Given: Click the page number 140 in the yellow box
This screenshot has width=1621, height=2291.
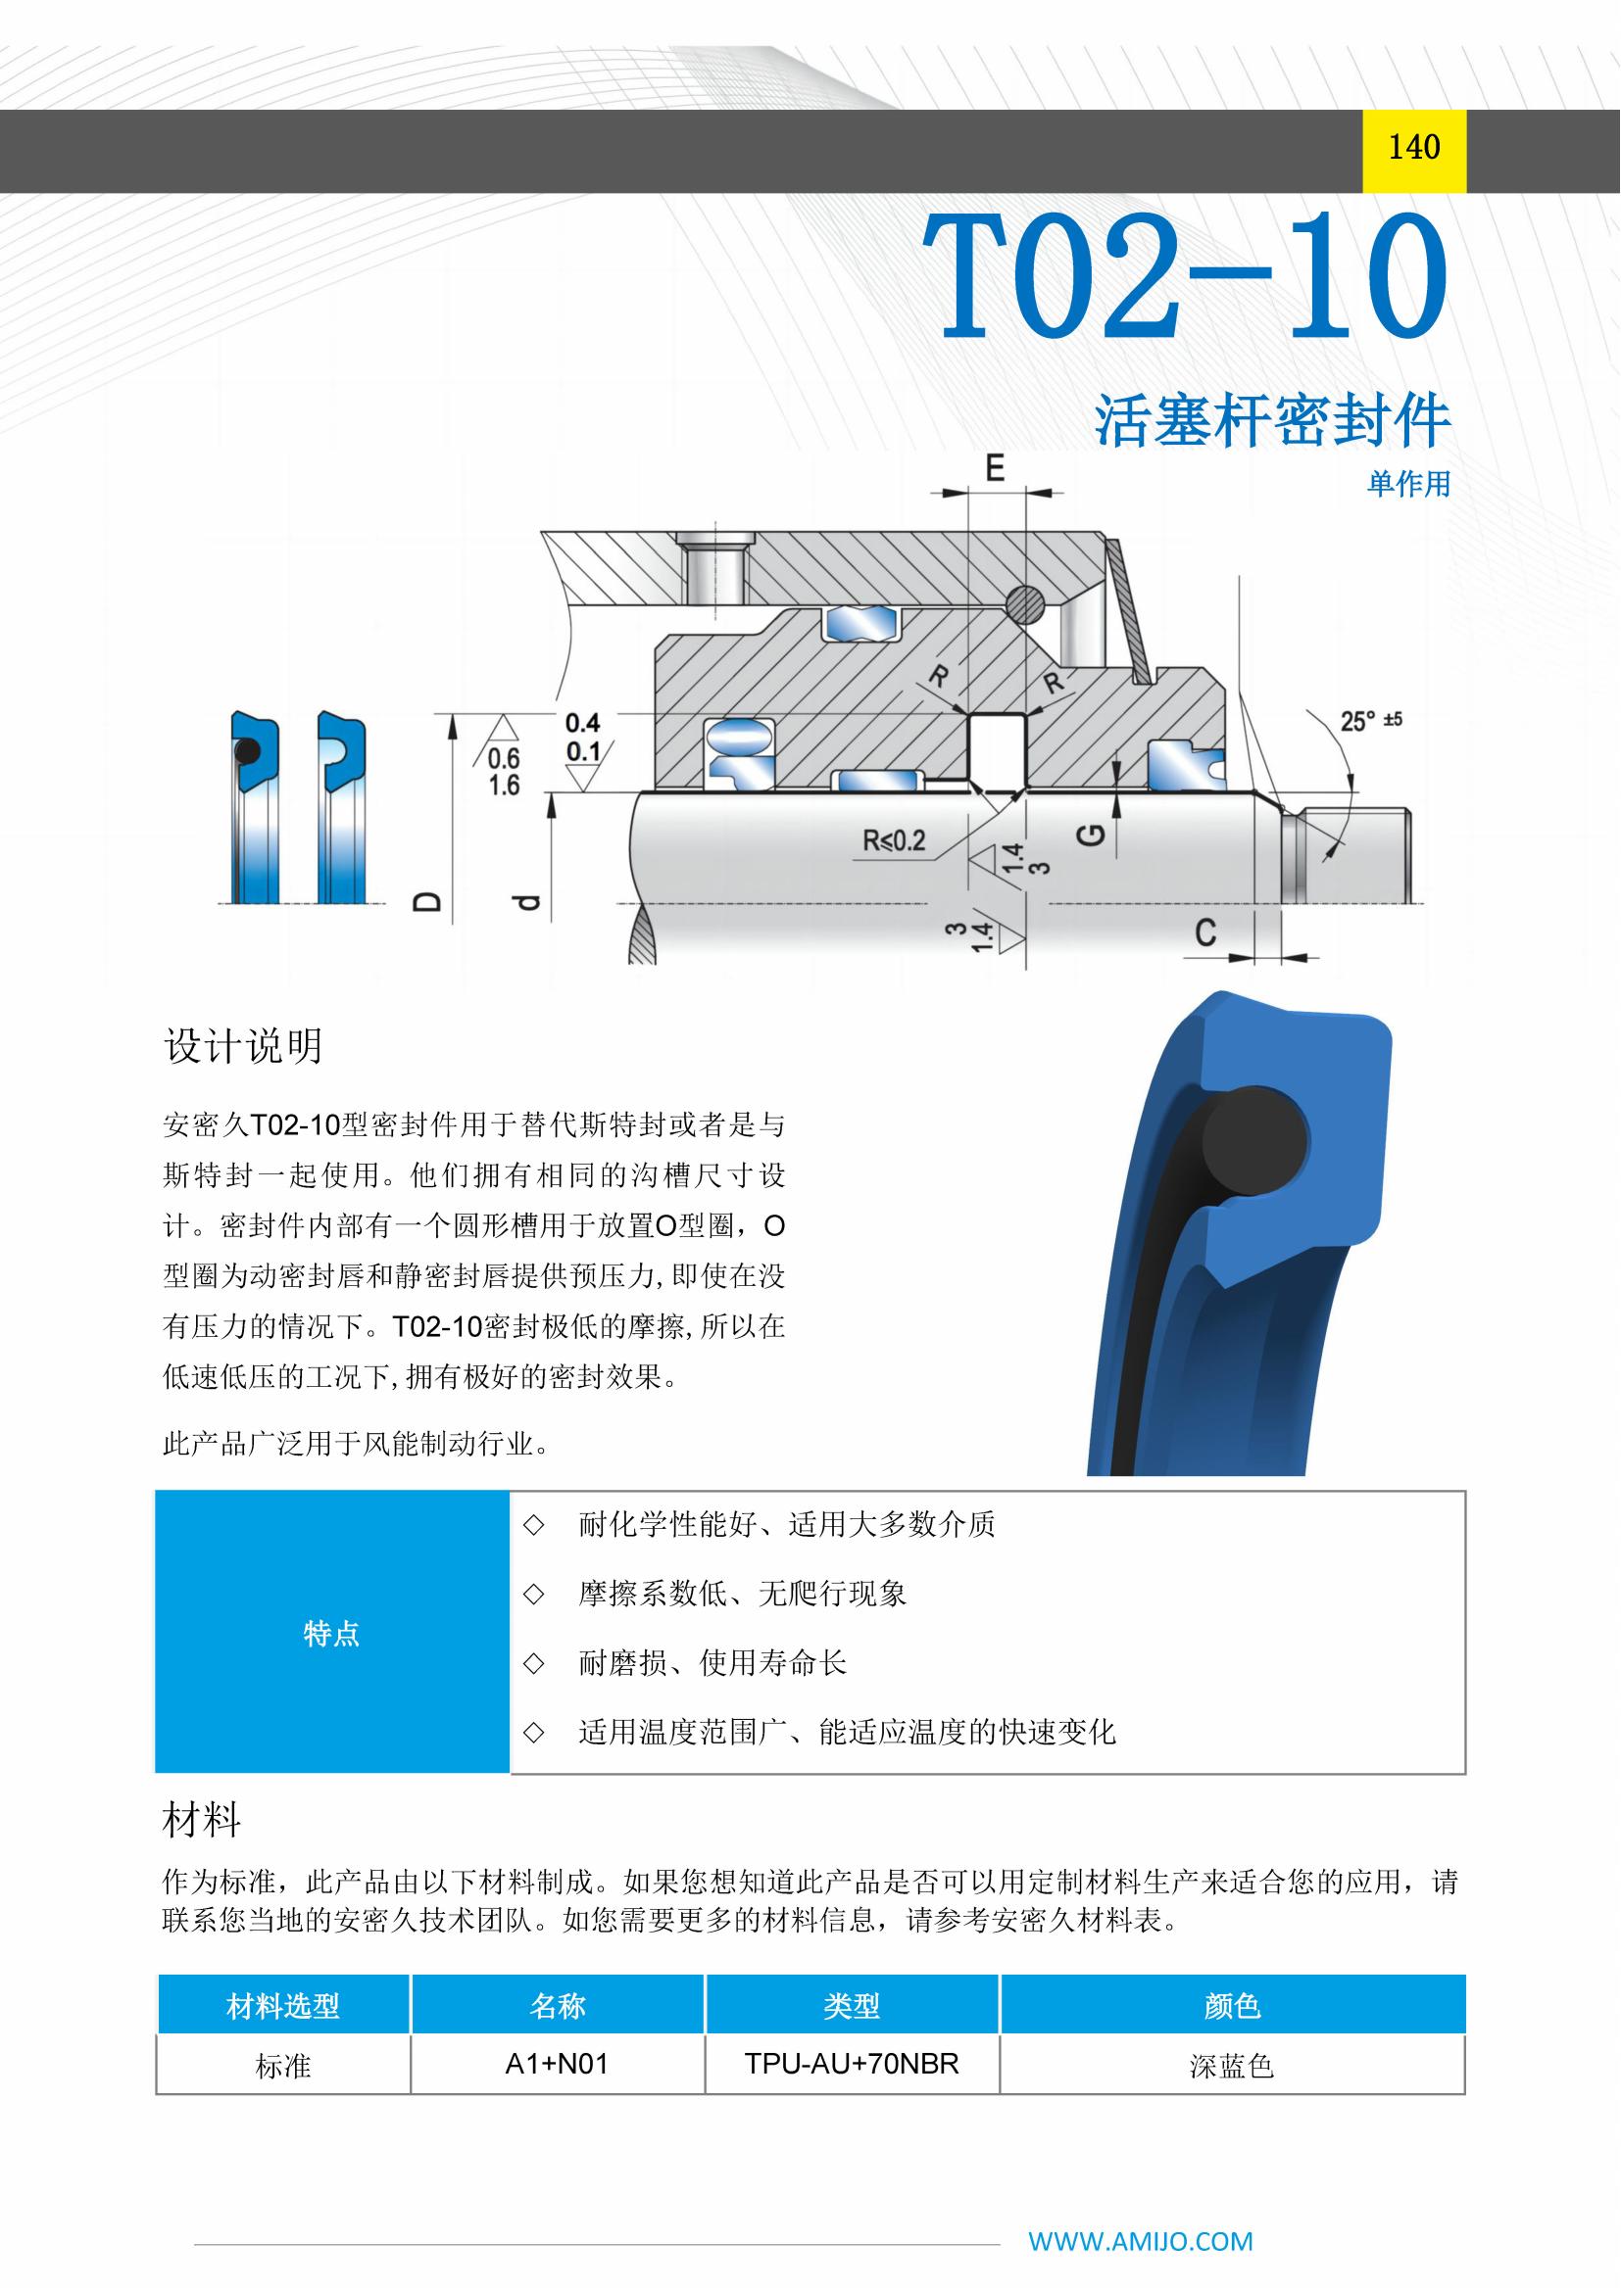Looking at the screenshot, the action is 1413,148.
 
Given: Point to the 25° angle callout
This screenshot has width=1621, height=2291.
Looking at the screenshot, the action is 1370,720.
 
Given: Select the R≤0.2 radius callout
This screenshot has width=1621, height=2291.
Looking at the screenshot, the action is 894,840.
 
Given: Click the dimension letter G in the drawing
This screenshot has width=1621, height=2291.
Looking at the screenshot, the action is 1092,834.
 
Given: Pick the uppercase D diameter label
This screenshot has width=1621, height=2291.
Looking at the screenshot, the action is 427,903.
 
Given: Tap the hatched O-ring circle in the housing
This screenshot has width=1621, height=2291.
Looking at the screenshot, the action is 1025,601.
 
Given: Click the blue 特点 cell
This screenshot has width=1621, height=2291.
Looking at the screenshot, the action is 331,1633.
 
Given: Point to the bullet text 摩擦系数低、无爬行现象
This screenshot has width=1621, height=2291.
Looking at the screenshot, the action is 743,1594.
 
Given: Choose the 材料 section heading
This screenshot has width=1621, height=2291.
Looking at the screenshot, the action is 202,1820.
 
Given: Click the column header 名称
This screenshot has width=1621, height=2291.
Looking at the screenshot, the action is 557,2006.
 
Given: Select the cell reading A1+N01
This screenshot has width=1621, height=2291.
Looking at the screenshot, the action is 557,2064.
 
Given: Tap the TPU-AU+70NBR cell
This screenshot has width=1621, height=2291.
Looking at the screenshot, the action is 852,2064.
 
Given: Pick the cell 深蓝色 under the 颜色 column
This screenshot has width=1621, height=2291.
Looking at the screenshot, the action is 1232,2065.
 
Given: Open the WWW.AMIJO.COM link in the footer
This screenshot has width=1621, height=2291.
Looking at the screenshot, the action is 1141,2241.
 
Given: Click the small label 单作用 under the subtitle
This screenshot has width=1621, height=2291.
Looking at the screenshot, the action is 1408,484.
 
